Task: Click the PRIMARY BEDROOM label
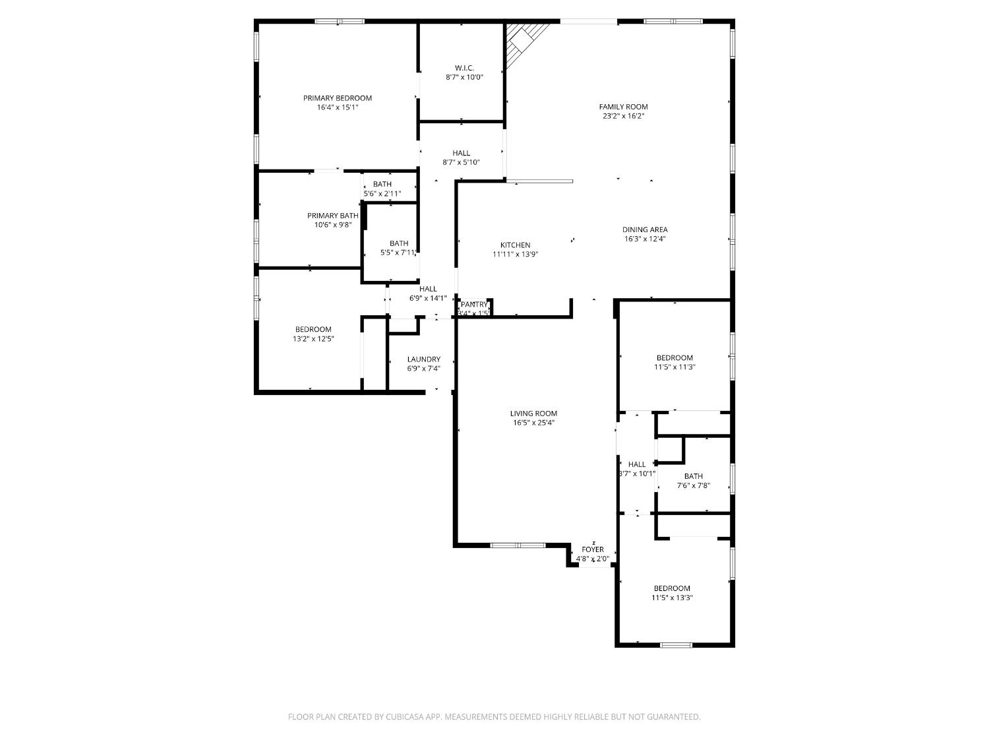(337, 98)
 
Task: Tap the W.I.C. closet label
(464, 68)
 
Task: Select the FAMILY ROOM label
(623, 107)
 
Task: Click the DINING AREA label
(645, 230)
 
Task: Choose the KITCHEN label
(515, 245)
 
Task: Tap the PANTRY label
(474, 304)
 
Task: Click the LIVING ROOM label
(533, 414)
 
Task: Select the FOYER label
(592, 549)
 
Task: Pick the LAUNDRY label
(423, 359)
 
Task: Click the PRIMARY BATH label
(332, 216)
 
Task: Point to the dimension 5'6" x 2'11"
(382, 194)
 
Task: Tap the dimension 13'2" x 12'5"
(313, 339)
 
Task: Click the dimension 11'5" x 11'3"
(674, 367)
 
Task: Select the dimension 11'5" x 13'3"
(672, 598)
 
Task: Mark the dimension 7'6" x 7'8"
(693, 485)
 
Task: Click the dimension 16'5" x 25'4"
(533, 423)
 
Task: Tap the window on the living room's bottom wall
(518, 545)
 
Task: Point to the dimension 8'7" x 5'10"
(461, 162)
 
